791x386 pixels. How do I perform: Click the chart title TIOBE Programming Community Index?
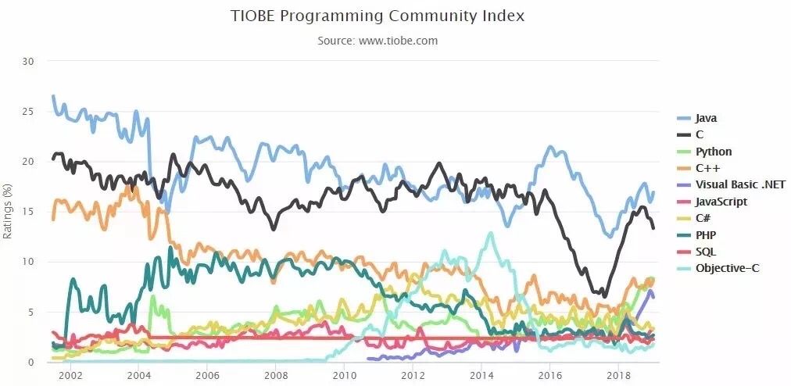378,16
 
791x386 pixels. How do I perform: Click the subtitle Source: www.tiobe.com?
378,41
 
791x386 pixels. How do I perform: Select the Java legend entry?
706,118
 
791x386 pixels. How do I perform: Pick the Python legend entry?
713,152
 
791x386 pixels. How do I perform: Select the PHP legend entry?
706,234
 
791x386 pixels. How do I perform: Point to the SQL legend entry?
705,252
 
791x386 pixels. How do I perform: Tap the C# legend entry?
703,218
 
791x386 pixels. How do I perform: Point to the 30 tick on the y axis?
30,61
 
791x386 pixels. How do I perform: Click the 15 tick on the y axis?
30,212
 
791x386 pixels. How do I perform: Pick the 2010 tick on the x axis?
344,375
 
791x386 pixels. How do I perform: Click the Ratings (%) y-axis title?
8,211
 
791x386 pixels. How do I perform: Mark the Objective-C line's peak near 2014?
491,233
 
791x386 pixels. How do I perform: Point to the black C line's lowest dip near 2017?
603,295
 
